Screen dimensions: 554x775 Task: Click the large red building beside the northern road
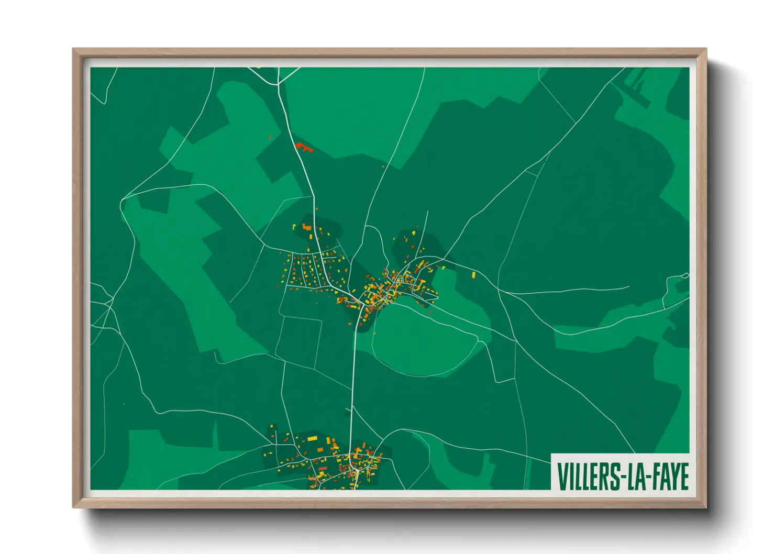click(x=303, y=147)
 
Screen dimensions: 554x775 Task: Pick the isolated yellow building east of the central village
click(x=473, y=274)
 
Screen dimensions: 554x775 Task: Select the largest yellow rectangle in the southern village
click(x=312, y=438)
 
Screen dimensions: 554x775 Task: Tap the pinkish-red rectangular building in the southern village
click(x=323, y=468)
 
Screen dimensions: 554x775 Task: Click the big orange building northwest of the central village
click(x=306, y=228)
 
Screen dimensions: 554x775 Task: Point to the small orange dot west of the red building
click(x=270, y=138)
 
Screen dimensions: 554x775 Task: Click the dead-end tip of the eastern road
click(x=628, y=287)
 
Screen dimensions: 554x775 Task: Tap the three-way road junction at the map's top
click(x=278, y=84)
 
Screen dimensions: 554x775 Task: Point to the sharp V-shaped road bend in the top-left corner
click(x=105, y=103)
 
